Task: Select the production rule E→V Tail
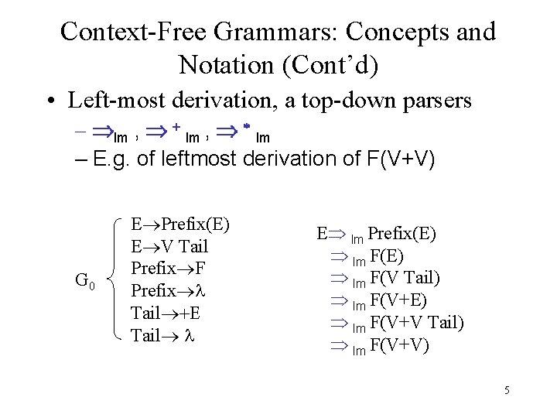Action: pyautogui.click(x=169, y=246)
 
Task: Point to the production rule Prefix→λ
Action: pyautogui.click(x=161, y=291)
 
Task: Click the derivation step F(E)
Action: pyautogui.click(x=387, y=256)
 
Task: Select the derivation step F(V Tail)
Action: pyautogui.click(x=405, y=279)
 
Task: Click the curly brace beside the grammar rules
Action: pyautogui.click(x=117, y=279)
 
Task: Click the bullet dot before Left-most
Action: pyautogui.click(x=50, y=101)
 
